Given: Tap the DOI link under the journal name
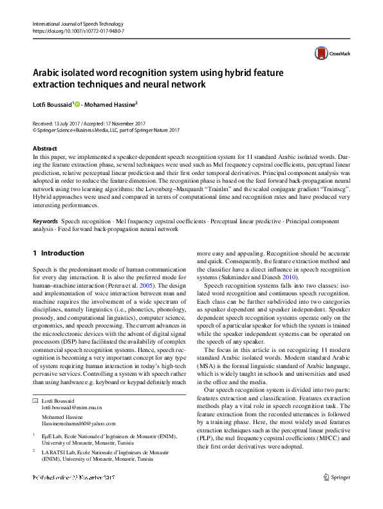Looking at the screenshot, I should (78, 31).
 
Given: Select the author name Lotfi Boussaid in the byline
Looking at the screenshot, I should (52, 103).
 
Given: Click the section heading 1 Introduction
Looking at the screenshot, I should (58, 253).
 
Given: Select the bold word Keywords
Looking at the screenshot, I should (45, 221).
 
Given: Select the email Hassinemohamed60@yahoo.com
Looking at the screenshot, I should (79, 423).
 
